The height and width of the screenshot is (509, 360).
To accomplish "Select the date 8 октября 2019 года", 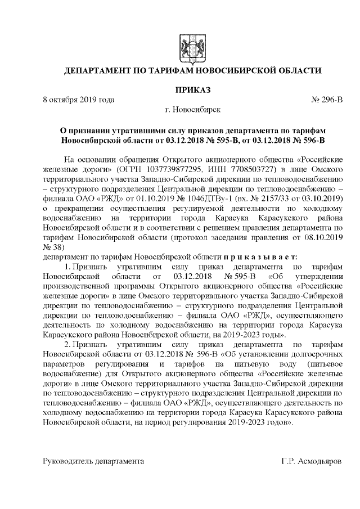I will [79, 100].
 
